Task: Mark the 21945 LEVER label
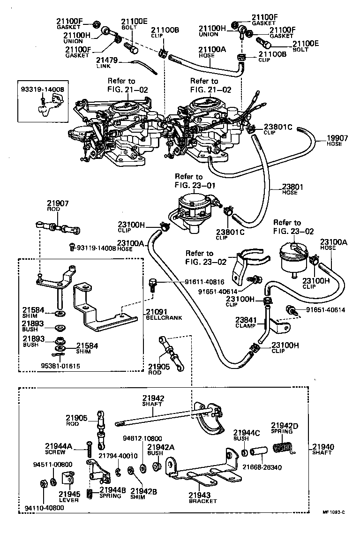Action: coord(68,496)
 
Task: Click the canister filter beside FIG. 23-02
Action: coord(294,257)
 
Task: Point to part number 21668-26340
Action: coord(262,466)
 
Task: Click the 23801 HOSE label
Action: coord(292,188)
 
